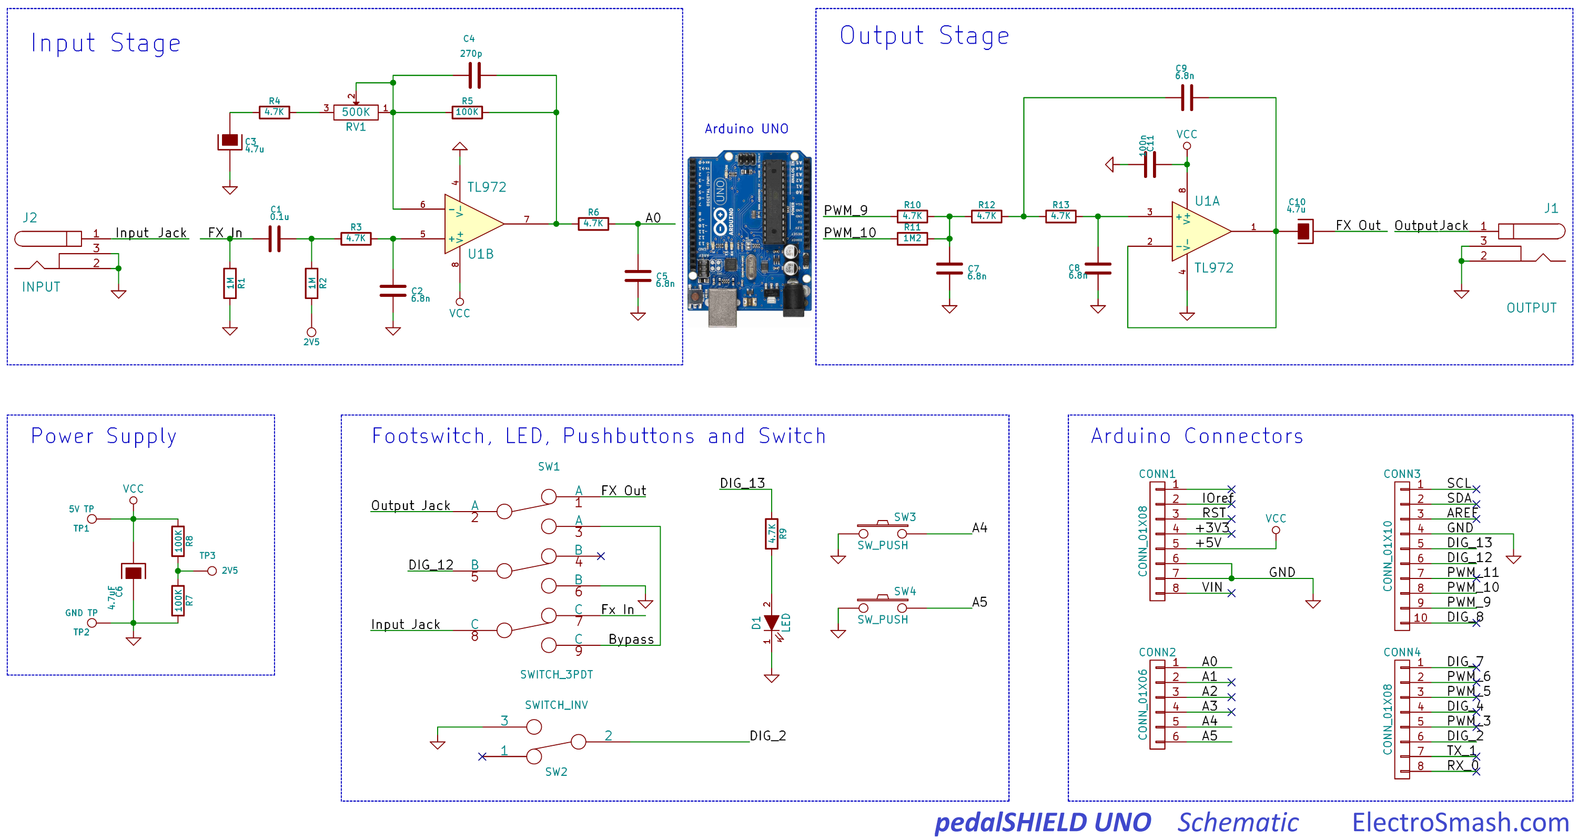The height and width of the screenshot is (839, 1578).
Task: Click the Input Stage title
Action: coord(105,43)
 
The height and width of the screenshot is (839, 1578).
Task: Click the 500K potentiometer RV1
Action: coord(356,112)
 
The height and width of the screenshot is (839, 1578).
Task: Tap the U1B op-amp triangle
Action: coord(470,224)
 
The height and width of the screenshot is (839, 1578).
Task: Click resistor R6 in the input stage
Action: coord(593,224)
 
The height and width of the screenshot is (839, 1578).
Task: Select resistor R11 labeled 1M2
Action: coord(912,238)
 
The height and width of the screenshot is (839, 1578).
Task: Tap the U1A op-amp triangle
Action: coord(1197,231)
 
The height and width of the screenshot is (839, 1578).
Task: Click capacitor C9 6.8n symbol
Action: coord(1187,97)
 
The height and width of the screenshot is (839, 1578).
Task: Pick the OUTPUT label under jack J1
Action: coord(1531,308)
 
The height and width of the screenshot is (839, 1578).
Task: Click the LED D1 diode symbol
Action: coord(771,623)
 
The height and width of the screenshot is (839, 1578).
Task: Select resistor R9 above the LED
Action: coord(771,534)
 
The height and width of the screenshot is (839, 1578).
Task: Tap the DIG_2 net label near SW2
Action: coord(767,735)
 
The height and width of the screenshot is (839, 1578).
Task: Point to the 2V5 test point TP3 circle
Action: coord(212,571)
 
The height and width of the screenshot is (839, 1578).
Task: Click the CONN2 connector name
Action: coord(1157,652)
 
